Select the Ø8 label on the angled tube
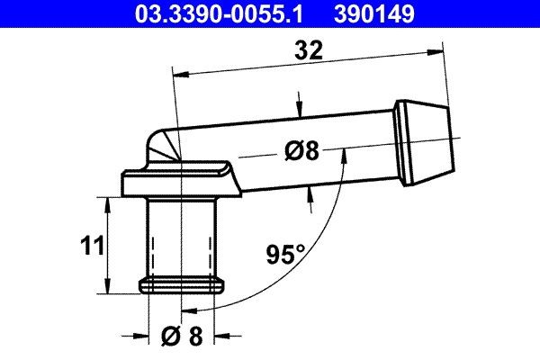301,151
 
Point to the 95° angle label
285,255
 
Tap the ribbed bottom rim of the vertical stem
183,285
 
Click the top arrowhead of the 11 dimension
109,203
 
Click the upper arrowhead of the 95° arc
342,151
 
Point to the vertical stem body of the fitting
183,238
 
